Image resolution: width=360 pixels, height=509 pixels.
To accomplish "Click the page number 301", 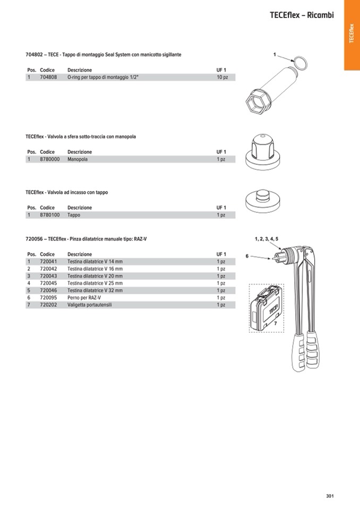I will coord(330,496).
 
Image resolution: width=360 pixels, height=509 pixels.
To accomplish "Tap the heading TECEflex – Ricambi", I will coord(302,15).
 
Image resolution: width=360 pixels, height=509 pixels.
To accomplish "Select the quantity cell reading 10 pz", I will coord(222,77).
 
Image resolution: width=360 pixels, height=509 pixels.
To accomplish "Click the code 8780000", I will coord(49,159).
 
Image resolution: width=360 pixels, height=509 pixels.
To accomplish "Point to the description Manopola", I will coord(78,159).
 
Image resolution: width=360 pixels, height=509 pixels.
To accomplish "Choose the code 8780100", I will coord(49,215).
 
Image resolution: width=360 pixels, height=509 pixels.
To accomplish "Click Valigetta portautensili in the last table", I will coord(90,305).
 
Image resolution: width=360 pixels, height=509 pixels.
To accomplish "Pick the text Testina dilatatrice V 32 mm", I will coord(95,291).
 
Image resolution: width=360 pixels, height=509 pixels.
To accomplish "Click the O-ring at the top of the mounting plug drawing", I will coord(301,63).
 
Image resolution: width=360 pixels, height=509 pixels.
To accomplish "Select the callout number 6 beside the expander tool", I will coord(247,256).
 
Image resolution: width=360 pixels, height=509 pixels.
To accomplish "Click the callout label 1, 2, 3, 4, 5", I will coord(266,239).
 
